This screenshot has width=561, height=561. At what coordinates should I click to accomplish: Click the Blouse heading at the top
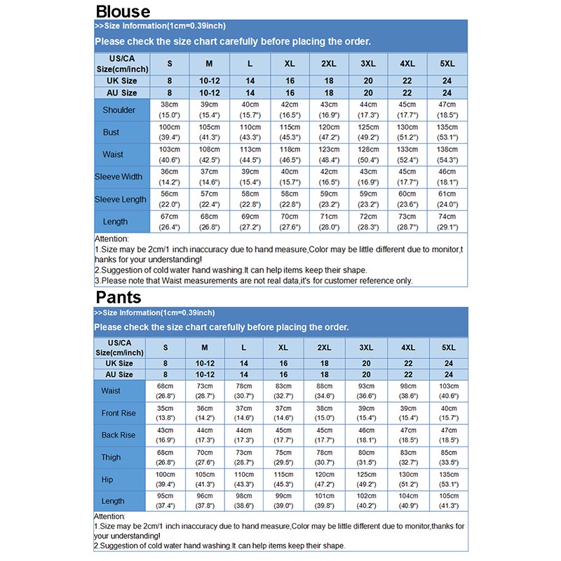coord(122,11)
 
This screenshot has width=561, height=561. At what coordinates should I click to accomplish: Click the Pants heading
coord(119,297)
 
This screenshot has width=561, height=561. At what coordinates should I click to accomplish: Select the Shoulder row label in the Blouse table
coord(119,110)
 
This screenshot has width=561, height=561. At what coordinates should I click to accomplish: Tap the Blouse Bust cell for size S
coord(170,132)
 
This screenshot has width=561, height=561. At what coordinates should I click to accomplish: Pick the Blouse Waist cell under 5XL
coord(447,154)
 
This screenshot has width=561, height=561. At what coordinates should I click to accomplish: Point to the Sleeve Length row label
coord(121,199)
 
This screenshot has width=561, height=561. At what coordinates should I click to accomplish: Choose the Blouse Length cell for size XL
coord(290,222)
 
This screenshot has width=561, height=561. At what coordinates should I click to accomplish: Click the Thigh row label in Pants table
coord(111,457)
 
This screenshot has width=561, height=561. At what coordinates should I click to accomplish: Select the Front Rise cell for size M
coord(205,413)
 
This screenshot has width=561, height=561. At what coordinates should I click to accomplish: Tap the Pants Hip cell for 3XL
coord(365,479)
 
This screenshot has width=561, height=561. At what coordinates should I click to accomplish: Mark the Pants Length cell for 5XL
coord(448,501)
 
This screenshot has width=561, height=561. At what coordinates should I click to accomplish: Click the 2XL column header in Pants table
coord(324,347)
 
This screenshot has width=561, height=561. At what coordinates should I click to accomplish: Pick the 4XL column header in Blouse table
coord(407,64)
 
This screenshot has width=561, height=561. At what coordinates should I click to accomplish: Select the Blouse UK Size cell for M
coord(209,81)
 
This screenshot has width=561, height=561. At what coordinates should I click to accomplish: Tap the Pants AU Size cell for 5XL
coord(448,374)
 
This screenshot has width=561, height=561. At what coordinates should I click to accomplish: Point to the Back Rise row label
coord(119,435)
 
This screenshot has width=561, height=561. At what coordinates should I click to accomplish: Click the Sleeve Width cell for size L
coord(250,177)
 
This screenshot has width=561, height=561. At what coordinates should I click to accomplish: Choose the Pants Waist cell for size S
coord(165,391)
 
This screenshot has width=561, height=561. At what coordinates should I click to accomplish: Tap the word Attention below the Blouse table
coord(111,239)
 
